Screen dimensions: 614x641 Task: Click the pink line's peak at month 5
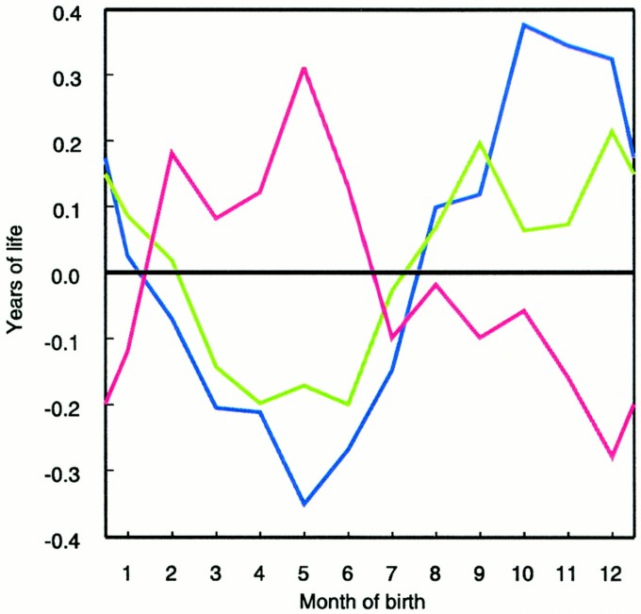tap(304, 68)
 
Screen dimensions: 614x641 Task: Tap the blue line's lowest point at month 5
tap(304, 504)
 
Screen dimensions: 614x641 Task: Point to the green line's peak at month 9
tap(480, 142)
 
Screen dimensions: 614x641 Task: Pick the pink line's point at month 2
tap(172, 152)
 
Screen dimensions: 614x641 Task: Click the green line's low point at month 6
tap(348, 404)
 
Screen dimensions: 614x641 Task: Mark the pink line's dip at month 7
tap(392, 337)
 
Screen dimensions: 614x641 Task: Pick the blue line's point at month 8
tap(436, 207)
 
